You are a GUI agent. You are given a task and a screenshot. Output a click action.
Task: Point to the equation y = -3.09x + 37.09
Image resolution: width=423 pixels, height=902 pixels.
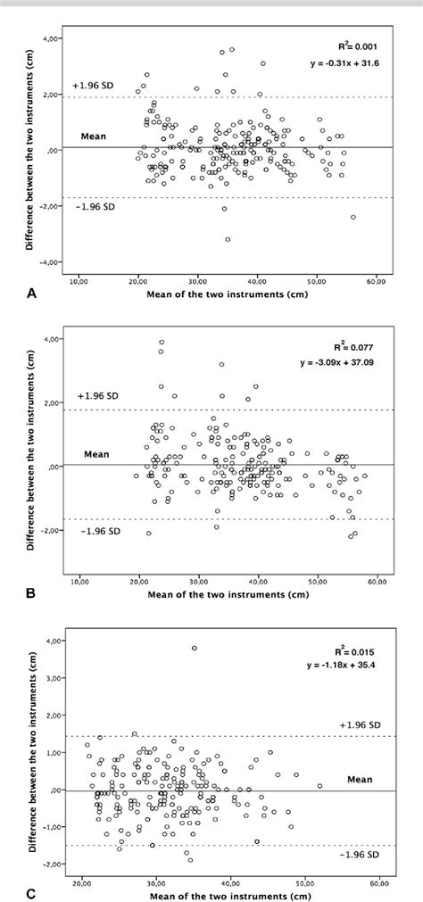click(356, 362)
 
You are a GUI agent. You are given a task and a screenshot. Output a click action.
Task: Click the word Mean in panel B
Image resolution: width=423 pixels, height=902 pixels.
click(96, 454)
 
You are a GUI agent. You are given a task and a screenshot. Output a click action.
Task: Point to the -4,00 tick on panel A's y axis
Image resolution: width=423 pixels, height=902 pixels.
click(56, 262)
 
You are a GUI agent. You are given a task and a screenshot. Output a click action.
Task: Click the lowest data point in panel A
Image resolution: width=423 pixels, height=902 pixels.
click(228, 240)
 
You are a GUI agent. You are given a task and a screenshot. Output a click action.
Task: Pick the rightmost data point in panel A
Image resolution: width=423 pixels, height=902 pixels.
click(353, 217)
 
